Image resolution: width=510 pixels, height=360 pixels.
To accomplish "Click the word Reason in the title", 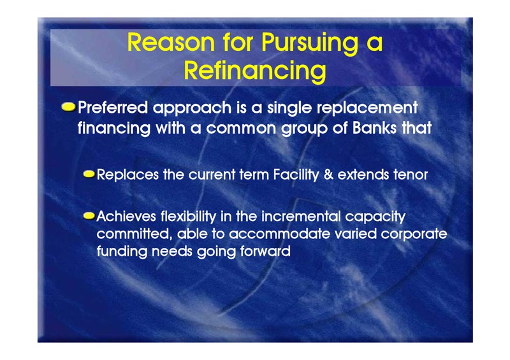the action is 171,42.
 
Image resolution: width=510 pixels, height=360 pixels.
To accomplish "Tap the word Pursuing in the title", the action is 310,43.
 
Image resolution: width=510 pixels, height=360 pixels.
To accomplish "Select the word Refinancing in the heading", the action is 255,71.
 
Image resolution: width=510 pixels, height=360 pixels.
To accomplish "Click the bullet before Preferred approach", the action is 68,107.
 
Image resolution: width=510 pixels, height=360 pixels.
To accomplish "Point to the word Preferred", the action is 113,107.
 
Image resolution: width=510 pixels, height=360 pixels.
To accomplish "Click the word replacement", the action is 367,108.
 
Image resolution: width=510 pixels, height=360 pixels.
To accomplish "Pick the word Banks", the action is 375,127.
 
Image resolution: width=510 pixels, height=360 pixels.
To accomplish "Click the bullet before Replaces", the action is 89,175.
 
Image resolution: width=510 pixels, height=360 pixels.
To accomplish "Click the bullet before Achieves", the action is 89,215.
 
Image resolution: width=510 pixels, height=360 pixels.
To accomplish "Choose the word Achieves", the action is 126,217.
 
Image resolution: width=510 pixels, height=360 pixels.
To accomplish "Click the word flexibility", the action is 188,217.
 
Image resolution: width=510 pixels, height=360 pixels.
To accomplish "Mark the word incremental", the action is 301,217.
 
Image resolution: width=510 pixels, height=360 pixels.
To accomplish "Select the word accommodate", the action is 280,234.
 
